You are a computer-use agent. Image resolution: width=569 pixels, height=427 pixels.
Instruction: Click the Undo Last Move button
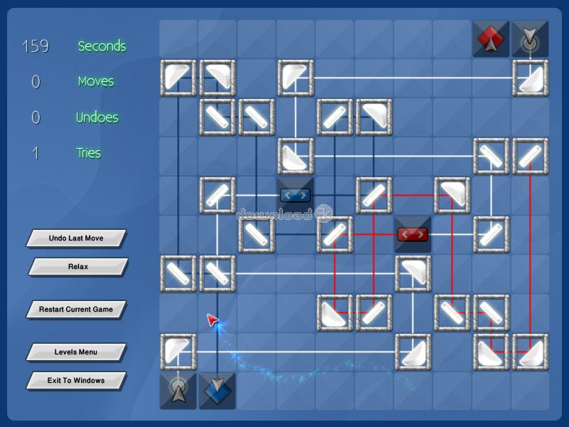tap(76, 238)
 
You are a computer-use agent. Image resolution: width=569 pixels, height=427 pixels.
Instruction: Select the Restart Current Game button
tap(76, 310)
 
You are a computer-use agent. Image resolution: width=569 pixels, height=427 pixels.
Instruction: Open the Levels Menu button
tap(76, 352)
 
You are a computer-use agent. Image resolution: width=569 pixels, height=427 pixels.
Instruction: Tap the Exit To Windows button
tap(76, 381)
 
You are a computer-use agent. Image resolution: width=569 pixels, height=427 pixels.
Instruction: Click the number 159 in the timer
tap(36, 46)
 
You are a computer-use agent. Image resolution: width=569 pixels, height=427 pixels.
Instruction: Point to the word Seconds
tap(102, 46)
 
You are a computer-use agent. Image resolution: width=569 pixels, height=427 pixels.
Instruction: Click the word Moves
tap(96, 81)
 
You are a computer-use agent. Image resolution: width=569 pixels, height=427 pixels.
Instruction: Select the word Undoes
tap(97, 117)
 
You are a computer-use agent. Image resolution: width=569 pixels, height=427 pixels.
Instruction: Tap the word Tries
tap(88, 153)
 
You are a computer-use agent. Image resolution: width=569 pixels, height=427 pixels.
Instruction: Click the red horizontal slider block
tap(413, 235)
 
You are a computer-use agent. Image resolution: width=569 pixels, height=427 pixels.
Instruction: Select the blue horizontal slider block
tap(295, 195)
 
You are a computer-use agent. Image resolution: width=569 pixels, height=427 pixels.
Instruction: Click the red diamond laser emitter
tap(491, 38)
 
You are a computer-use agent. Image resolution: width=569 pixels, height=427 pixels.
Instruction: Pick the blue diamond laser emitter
tap(217, 391)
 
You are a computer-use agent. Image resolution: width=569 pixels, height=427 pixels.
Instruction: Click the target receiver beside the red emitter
tap(530, 38)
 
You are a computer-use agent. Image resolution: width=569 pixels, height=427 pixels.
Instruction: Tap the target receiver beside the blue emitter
tap(179, 391)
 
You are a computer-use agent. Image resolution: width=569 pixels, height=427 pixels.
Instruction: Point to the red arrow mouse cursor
tap(212, 320)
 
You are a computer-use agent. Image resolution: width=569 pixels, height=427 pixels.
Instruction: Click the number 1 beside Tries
tap(36, 153)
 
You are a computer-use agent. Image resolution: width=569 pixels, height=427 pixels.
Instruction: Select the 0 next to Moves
tap(36, 81)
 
